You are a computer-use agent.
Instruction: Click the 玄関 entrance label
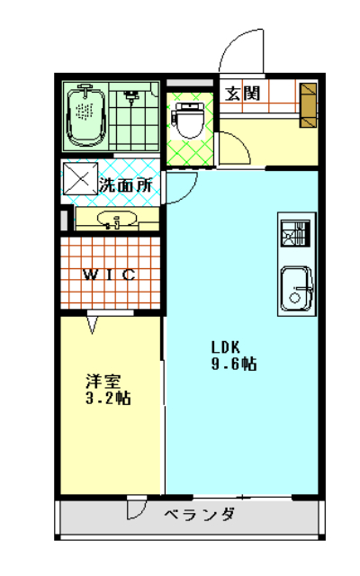(x=242, y=94)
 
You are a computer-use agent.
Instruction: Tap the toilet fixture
(x=188, y=120)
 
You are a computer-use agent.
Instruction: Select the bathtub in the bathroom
(x=86, y=116)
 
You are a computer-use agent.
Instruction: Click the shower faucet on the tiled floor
(x=130, y=96)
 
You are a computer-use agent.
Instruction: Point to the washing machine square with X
(x=81, y=179)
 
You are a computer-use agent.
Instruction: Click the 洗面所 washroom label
(x=125, y=185)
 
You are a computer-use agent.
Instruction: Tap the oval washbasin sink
(x=117, y=220)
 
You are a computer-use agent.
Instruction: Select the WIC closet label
(x=110, y=274)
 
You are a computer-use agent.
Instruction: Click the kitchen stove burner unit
(x=296, y=233)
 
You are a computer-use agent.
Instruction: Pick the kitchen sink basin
(x=297, y=289)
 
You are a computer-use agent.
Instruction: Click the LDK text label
(x=226, y=346)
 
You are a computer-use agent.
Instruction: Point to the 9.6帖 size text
(x=234, y=364)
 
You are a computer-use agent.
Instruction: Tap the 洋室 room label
(x=103, y=381)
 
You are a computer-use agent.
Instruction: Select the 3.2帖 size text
(x=108, y=398)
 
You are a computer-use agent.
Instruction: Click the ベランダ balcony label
(x=200, y=514)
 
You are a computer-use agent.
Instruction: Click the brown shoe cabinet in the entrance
(x=308, y=105)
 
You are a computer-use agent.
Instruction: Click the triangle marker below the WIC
(x=92, y=325)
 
